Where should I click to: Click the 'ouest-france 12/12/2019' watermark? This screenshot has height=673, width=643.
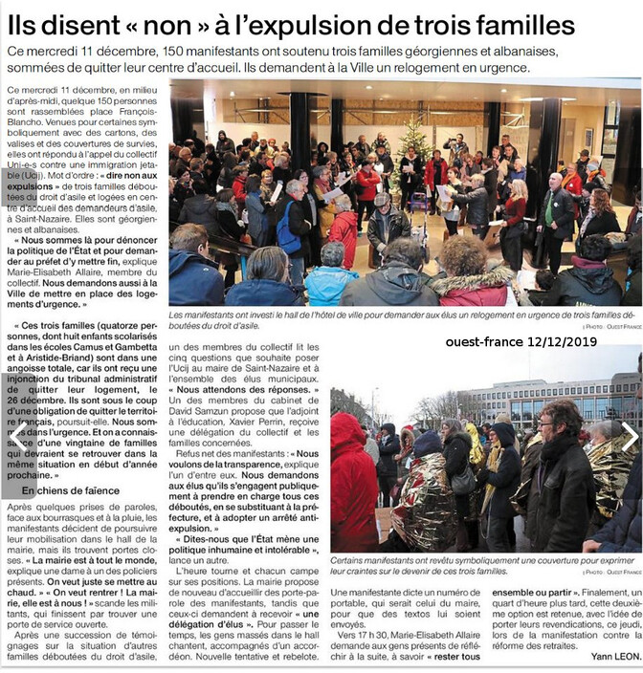coord(521,340)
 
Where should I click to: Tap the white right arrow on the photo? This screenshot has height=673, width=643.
coord(630,438)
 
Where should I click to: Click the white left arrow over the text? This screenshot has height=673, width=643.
coord(16,438)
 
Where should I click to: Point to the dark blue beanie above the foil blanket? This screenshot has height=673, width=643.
coord(426,443)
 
